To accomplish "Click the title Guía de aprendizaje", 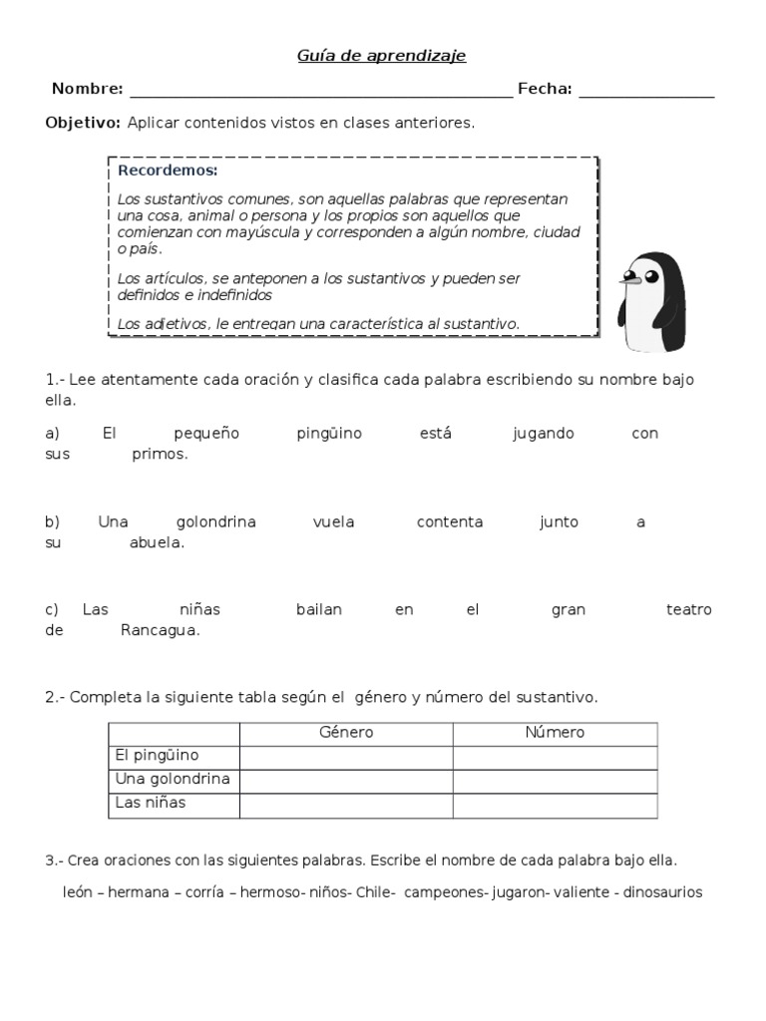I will coord(382,57).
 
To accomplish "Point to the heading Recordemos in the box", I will coord(154,170).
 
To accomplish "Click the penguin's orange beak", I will coord(628,280).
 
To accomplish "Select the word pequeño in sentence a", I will coord(207,434).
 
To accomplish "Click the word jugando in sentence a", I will coord(544,434).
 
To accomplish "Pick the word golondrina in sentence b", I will coord(216,522).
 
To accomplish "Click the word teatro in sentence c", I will coord(688,609).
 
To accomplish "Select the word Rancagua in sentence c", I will coord(161,630).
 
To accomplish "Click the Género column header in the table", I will coord(346,733).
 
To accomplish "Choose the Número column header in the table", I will coord(555,733).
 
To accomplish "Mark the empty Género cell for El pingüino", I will coord(346,756).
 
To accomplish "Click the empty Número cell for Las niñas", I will coord(555,804).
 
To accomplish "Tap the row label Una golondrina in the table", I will coord(173,779).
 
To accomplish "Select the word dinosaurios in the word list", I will coord(663,892).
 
